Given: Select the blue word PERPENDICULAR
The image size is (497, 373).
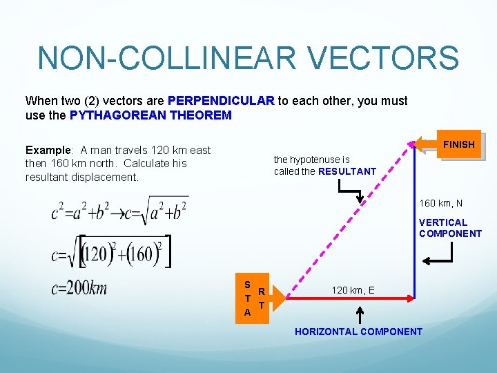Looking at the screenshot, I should [x=221, y=101].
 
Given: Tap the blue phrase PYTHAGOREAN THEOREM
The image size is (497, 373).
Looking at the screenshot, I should [x=150, y=115].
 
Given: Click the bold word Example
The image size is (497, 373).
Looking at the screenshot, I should [x=48, y=150].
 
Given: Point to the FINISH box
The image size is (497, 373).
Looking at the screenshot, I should [x=458, y=144].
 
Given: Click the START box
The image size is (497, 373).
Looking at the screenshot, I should [x=253, y=298].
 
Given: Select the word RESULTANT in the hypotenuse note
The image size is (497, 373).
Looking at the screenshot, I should [x=347, y=171].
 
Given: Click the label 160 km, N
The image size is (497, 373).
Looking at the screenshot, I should [x=441, y=204].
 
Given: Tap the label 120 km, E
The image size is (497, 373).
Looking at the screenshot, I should [x=353, y=290].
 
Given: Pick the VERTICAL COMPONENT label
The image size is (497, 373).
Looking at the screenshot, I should [x=450, y=228].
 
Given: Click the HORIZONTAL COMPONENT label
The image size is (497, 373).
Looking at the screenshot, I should [x=358, y=332].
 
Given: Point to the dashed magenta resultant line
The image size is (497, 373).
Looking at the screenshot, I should [x=352, y=221].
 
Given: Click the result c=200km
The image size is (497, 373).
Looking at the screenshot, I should [x=79, y=288].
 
